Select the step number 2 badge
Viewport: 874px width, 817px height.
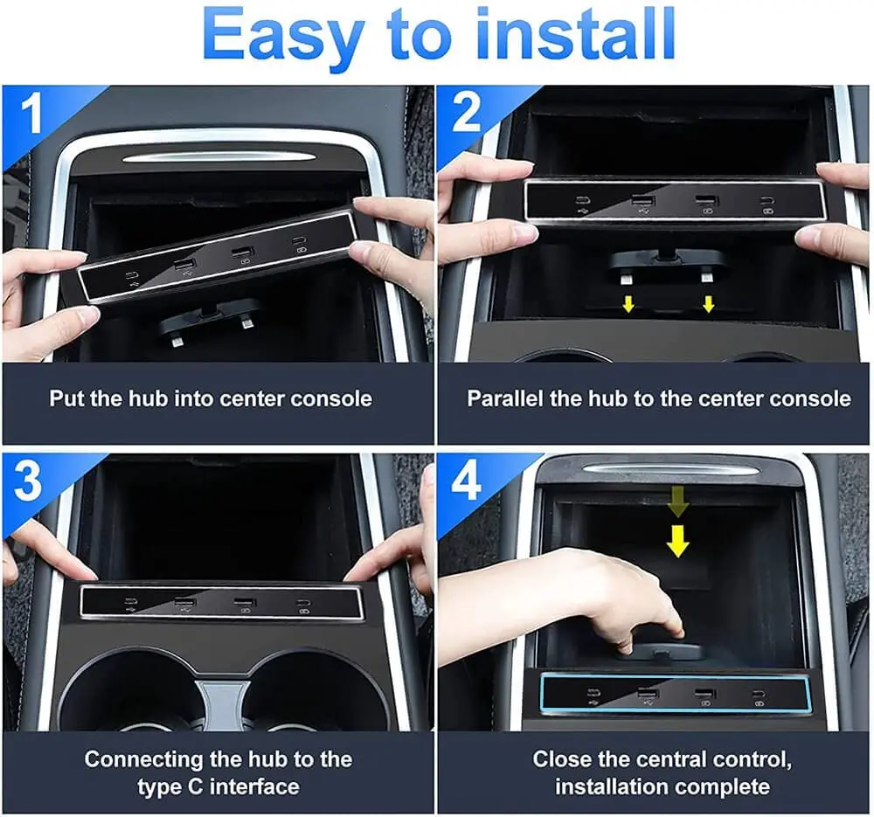click(x=467, y=114)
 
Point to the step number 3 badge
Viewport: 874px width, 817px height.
click(x=30, y=484)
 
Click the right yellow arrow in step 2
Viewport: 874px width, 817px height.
click(x=709, y=303)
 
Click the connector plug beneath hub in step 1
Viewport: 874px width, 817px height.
click(x=210, y=321)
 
